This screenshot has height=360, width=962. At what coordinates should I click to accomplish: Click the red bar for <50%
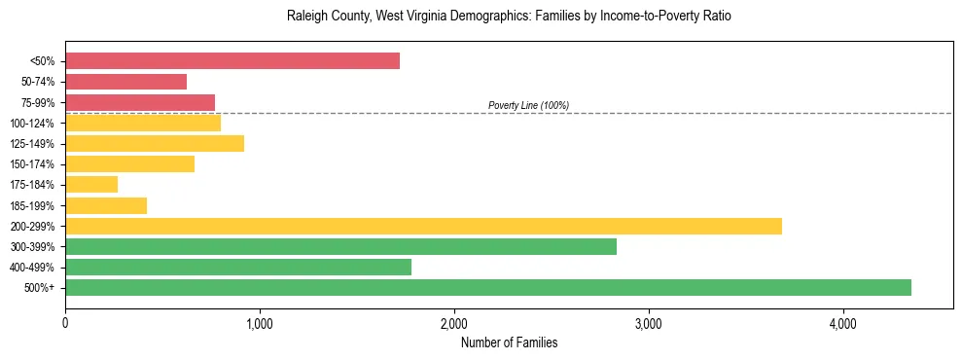click(232, 61)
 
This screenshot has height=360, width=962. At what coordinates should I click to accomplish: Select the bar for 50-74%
click(125, 82)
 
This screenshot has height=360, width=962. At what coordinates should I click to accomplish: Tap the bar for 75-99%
click(140, 102)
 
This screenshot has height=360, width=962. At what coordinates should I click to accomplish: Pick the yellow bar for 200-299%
click(423, 226)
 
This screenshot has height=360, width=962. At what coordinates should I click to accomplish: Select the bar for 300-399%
click(340, 246)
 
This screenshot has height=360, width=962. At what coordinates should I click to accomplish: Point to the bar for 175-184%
click(91, 185)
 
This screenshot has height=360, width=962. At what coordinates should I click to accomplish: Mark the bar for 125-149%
click(155, 143)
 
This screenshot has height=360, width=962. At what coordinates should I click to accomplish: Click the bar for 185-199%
click(106, 205)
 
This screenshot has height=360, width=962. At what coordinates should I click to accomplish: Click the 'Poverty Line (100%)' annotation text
click(528, 105)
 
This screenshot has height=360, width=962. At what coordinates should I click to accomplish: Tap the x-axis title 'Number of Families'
click(509, 342)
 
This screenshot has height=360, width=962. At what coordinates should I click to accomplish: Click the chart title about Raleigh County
click(508, 17)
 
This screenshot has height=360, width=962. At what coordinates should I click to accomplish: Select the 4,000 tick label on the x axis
click(843, 323)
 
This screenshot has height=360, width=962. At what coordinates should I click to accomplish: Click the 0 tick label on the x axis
click(65, 323)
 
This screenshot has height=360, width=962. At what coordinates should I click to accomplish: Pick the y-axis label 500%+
click(40, 288)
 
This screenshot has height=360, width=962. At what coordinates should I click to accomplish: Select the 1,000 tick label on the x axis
click(260, 323)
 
